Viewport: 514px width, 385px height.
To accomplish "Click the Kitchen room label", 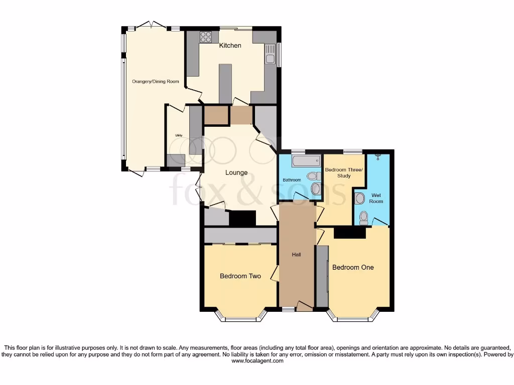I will pos(230,46).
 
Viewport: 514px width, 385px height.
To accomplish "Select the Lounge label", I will pos(236,172).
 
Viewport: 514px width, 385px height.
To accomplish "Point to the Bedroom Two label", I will pos(240,276).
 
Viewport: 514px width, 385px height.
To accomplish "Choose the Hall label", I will pos(297,255).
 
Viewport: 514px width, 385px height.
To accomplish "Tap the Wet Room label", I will pos(376,198).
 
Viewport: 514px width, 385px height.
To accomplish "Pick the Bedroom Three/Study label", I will pos(344,172).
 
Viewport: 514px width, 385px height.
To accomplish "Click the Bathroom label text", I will pos(292,180).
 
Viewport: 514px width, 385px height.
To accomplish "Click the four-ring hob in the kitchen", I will pos(206,36).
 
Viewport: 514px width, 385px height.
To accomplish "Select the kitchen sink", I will pos(271,54).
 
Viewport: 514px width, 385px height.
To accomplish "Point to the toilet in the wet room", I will pos(364,217).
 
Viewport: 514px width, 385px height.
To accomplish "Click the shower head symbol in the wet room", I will pos(378,156).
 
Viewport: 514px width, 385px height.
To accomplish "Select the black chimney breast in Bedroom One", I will pos(349,233).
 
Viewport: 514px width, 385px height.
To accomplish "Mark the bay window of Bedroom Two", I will pos(240,316).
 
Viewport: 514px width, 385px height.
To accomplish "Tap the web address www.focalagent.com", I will pos(257,360).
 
